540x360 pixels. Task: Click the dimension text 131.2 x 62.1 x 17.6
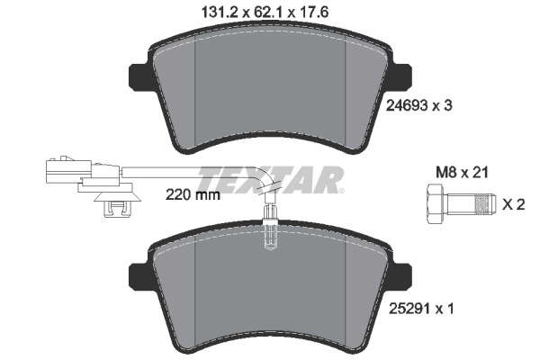pos(265,13)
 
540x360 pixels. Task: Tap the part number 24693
pos(407,105)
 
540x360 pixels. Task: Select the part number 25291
pos(409,309)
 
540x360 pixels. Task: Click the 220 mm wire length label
pos(193,195)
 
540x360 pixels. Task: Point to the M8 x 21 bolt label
pos(462,173)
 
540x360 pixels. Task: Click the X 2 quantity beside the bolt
pos(513,205)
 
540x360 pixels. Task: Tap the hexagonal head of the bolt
pos(436,204)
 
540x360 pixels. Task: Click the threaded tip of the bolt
pos(485,204)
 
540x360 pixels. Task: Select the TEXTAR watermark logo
pos(270,180)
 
